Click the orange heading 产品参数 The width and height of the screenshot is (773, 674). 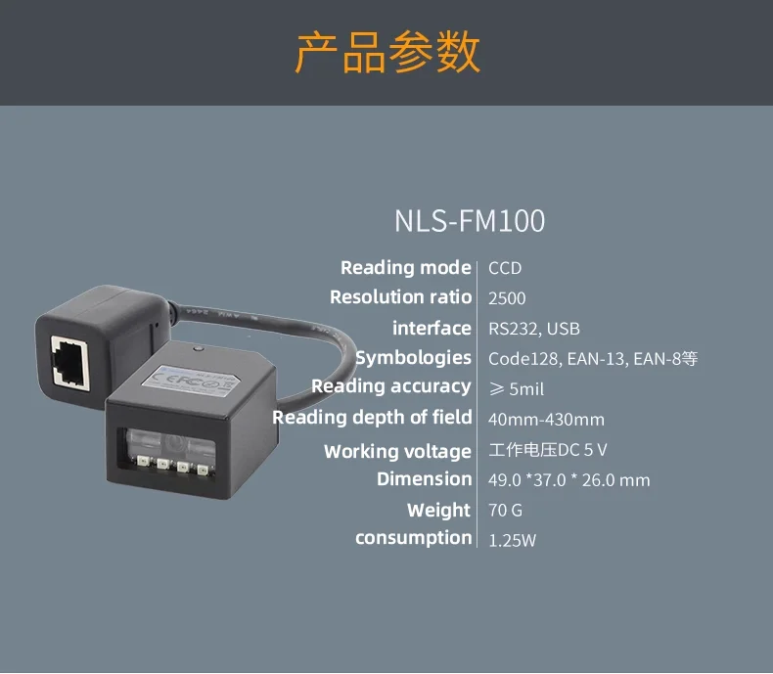[x=387, y=52]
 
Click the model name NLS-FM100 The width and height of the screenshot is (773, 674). [x=470, y=221]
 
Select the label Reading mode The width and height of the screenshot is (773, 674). [x=405, y=268]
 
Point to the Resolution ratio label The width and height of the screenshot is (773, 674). [x=400, y=297]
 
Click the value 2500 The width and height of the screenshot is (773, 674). [x=507, y=298]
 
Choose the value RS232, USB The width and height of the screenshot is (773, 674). [x=533, y=329]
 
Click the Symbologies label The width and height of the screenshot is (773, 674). [x=413, y=358]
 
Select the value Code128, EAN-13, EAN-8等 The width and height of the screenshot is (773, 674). [x=593, y=359]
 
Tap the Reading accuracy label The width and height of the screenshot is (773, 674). [x=390, y=386]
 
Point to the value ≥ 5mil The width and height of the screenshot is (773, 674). [x=516, y=389]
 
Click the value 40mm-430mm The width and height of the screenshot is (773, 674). [x=546, y=420]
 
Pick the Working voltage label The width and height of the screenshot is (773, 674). [x=397, y=451]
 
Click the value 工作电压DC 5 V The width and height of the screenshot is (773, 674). [x=547, y=451]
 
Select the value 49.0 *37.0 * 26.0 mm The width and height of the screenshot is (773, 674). [x=568, y=480]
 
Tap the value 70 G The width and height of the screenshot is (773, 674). [x=505, y=511]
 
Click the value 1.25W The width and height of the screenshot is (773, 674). [x=512, y=540]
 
